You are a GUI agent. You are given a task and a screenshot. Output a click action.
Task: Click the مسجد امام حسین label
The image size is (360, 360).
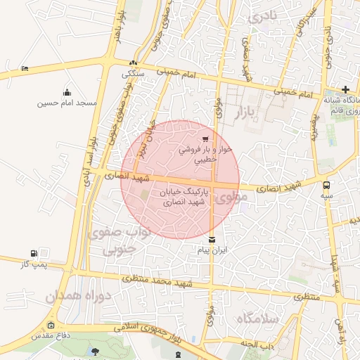[x=67, y=103]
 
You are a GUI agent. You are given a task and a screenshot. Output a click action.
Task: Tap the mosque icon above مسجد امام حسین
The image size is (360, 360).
[x=67, y=92]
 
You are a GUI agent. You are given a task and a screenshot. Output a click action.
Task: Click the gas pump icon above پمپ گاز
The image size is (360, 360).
[x=34, y=253]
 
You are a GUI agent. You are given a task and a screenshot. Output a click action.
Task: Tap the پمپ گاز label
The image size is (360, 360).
[x=34, y=264]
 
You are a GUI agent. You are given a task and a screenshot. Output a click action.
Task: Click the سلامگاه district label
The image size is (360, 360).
[x=258, y=319]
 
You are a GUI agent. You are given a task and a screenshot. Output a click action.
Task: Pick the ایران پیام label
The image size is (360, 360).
[x=213, y=250]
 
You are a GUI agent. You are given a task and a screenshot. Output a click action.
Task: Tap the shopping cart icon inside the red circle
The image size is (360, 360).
[x=205, y=139]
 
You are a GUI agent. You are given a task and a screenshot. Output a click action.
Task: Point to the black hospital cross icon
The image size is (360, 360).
[x=345, y=89]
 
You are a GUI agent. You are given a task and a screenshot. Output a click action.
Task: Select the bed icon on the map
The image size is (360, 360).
[x=25, y=68]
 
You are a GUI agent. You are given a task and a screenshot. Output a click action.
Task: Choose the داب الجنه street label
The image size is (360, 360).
[x=258, y=344]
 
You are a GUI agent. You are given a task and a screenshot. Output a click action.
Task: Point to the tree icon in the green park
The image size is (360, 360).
[x=96, y=351]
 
